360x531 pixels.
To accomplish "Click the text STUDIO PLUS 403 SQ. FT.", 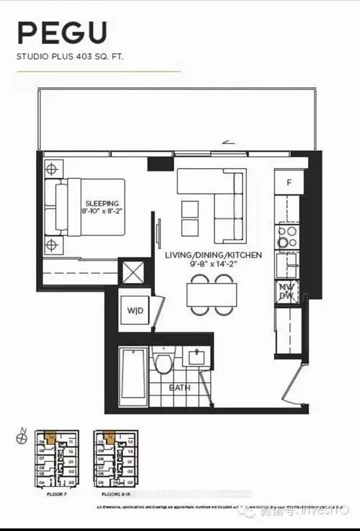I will pyautogui.click(x=70, y=58).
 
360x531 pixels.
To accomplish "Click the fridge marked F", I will pyautogui.click(x=288, y=182).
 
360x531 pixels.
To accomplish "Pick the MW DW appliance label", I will pyautogui.click(x=286, y=291).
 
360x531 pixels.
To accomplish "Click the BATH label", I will pyautogui.click(x=179, y=387).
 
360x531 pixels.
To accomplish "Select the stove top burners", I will pyautogui.click(x=288, y=237).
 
